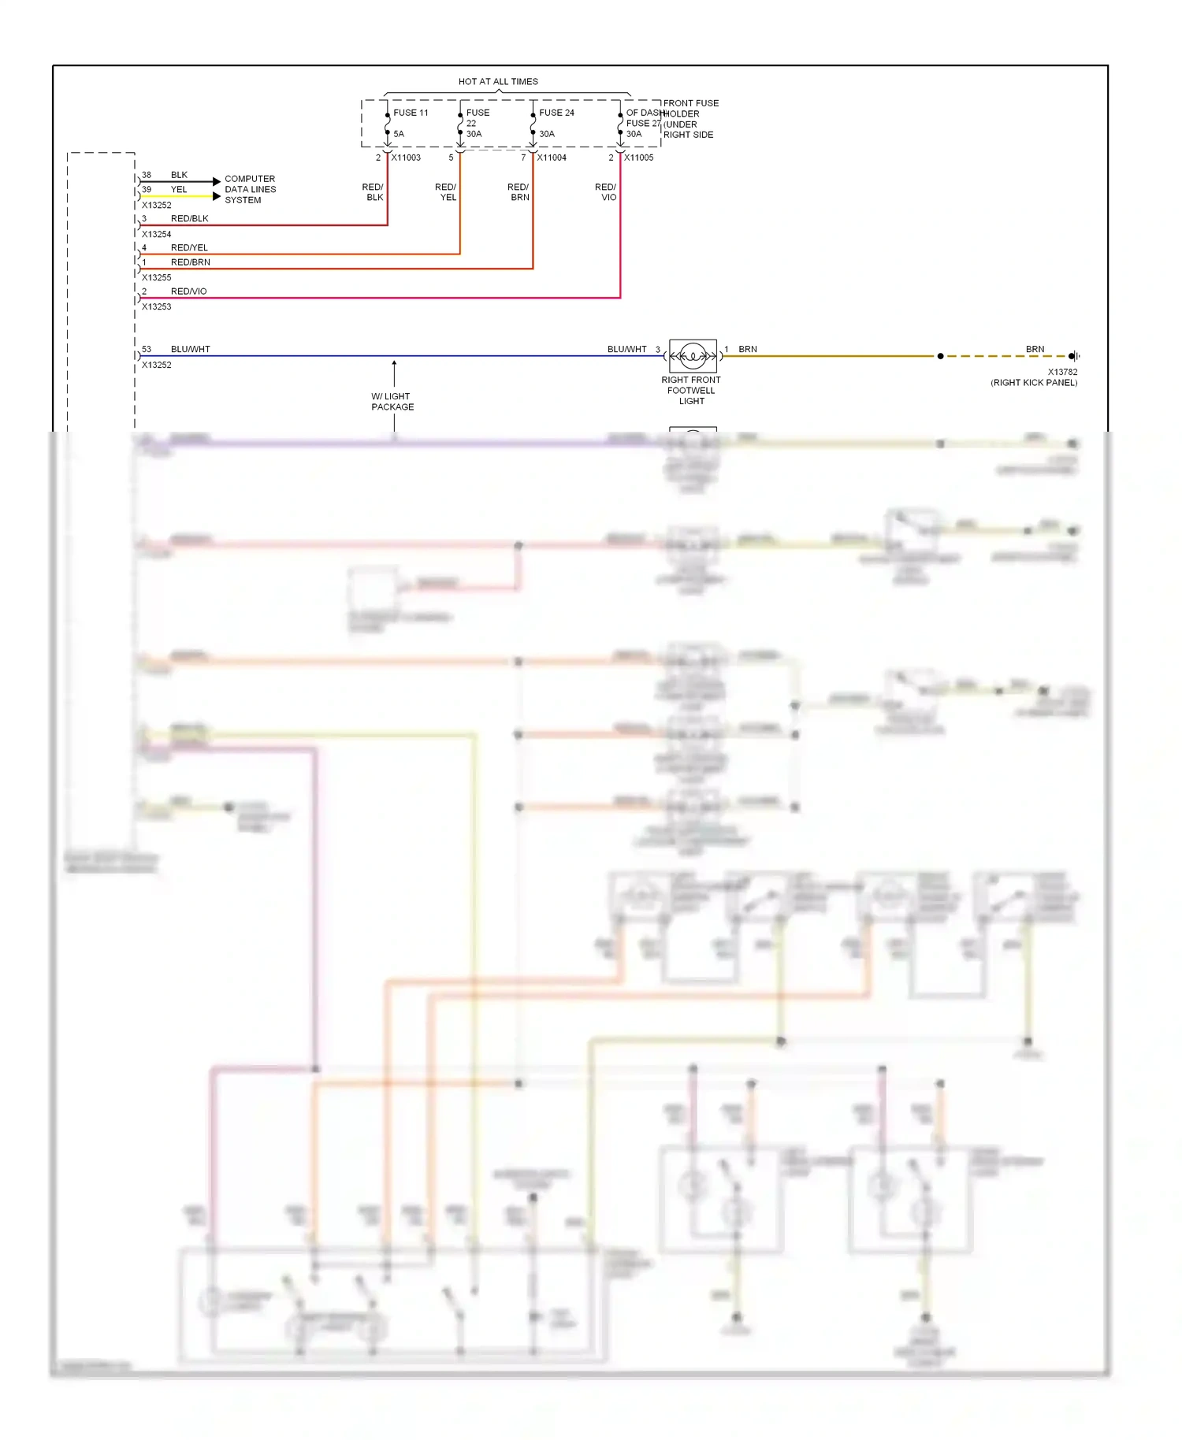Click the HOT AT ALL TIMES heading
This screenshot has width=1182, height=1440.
coord(498,81)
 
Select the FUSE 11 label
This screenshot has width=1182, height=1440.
coord(411,113)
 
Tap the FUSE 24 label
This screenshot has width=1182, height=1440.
coord(556,113)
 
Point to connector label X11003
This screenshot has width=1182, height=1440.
coord(406,158)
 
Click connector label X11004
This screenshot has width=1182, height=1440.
coord(552,158)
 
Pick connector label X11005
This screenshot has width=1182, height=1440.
coord(639,158)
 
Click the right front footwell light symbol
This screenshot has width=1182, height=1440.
coord(693,356)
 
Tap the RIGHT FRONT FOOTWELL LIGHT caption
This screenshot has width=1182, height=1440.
coord(691,391)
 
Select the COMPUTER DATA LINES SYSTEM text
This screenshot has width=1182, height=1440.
coord(250,190)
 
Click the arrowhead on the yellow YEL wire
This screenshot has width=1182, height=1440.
coord(217,196)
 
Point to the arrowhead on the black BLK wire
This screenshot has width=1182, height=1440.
coord(217,182)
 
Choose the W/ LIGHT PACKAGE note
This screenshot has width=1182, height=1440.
coord(392,402)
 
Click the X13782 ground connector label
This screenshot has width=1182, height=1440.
coord(1062,372)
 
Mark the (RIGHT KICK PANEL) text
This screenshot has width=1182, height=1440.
coord(1034,383)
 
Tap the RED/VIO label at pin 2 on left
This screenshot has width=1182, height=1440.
coord(188,291)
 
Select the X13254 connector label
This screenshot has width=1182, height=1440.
coord(156,234)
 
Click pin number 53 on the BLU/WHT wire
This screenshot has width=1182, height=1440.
coord(147,349)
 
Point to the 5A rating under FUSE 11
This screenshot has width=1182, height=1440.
coord(399,134)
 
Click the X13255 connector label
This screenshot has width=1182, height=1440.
coord(156,277)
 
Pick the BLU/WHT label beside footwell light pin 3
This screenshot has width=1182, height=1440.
coord(626,349)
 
